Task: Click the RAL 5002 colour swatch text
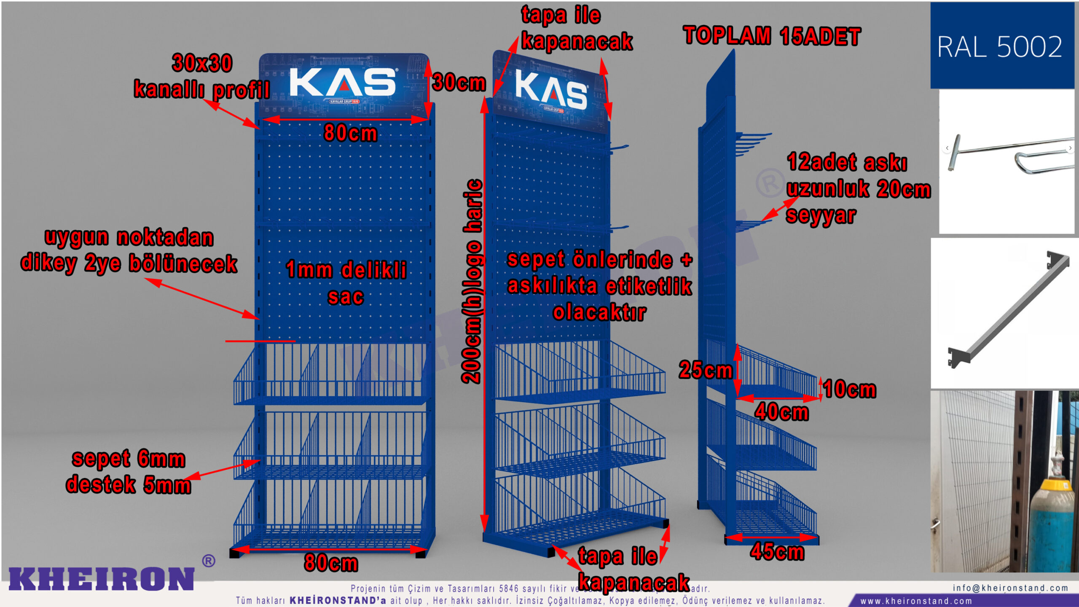tap(999, 46)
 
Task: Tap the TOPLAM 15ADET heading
tap(772, 36)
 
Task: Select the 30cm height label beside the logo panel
tap(459, 82)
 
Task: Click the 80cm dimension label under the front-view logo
tap(350, 133)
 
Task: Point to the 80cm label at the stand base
tap(331, 563)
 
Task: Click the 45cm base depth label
tap(777, 551)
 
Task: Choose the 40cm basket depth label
tap(782, 412)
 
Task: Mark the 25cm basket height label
tap(706, 370)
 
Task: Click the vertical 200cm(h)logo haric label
tap(472, 282)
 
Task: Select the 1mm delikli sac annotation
tap(346, 283)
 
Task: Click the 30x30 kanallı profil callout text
tap(202, 76)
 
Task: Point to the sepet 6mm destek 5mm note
tap(129, 472)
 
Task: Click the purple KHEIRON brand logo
tap(102, 578)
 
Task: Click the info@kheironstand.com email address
tap(1010, 588)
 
